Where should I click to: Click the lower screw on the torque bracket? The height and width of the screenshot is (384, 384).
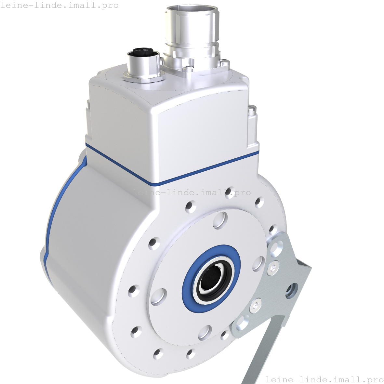pos(256,306)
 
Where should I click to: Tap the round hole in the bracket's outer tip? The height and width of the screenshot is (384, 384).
pos(292,291)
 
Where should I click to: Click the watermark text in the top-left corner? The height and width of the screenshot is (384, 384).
pos(60,6)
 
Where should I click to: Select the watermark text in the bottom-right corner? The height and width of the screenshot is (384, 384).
pos(324,379)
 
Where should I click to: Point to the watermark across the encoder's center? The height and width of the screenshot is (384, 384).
pos(192,192)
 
